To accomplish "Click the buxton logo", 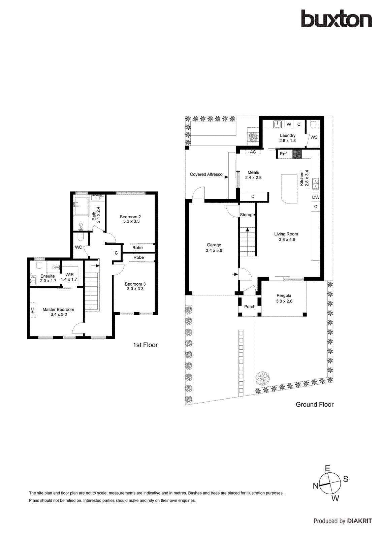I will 336,19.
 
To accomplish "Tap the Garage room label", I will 214,245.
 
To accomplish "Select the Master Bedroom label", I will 58,310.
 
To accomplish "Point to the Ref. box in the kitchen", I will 284,154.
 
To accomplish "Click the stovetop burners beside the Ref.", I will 297,154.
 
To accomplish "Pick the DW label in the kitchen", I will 316,197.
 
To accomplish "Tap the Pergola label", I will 284,295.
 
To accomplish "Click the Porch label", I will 250,307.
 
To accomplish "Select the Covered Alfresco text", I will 206,174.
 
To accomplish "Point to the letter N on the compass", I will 316,486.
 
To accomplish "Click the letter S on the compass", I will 346,479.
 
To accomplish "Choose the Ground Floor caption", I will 315,405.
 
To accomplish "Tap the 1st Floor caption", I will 145,345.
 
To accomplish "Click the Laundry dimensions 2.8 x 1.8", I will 287,140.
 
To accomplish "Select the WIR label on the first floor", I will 69,275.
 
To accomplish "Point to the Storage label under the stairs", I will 247,215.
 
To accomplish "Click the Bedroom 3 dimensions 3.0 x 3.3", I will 135,289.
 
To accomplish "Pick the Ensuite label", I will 47,276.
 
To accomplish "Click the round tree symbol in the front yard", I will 262,378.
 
